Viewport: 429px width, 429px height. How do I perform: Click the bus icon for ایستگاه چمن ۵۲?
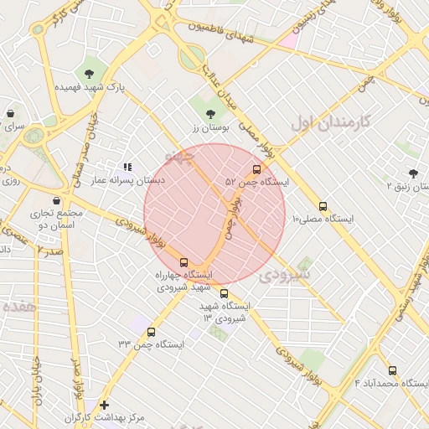pyautogui.click(x=256, y=168)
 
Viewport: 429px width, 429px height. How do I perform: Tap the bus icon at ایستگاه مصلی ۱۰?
pyautogui.click(x=323, y=206)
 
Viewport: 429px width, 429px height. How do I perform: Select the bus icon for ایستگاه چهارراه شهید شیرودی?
pyautogui.click(x=184, y=262)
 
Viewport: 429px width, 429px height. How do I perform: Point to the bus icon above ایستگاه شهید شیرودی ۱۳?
pyautogui.click(x=224, y=293)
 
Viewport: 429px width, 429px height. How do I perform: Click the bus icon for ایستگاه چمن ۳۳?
pyautogui.click(x=151, y=332)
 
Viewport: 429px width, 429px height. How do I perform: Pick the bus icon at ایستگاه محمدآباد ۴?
pyautogui.click(x=392, y=370)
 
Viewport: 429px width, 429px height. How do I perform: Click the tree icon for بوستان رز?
pyautogui.click(x=209, y=114)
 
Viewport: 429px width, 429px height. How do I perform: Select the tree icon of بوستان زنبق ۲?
pyautogui.click(x=413, y=173)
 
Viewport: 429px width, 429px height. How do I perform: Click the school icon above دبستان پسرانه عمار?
pyautogui.click(x=128, y=168)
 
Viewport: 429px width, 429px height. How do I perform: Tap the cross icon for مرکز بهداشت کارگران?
pyautogui.click(x=104, y=405)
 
